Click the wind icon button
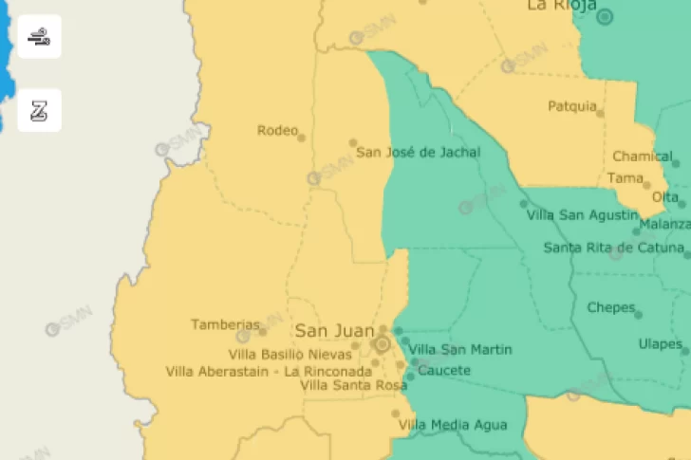coord(39,37)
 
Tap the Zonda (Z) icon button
coord(39,111)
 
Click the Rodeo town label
coord(276,130)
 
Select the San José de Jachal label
coord(418,152)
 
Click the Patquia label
coord(572,106)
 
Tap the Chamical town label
coord(642,156)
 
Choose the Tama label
coord(625,177)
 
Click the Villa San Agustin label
coord(582,215)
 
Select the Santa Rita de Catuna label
coord(613,248)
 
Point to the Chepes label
coord(610,307)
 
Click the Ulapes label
coord(660,343)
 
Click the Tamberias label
coord(225,324)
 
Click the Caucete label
coord(443,370)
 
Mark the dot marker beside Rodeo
coord(302,138)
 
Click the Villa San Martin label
coord(460,350)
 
